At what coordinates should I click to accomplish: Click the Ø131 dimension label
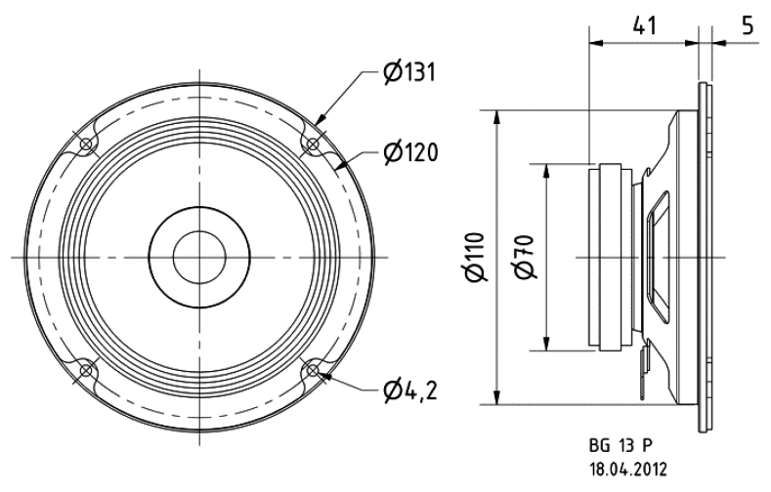[409, 72]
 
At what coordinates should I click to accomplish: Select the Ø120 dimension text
[410, 152]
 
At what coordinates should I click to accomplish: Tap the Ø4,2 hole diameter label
[410, 390]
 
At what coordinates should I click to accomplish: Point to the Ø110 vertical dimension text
[477, 258]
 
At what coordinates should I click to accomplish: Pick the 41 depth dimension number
[644, 25]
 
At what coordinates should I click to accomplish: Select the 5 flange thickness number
[748, 25]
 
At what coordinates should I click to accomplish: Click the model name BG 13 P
[621, 446]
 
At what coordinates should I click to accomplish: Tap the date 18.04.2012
[628, 469]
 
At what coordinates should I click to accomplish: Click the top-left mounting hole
[87, 144]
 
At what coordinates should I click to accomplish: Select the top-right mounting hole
[313, 144]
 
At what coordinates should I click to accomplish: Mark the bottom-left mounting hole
[87, 370]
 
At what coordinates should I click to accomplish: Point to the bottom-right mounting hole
[313, 370]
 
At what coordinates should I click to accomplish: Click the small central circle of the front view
[199, 258]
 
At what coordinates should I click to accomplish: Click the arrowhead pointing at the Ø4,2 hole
[325, 376]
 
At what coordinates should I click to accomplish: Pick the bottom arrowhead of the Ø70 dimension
[546, 344]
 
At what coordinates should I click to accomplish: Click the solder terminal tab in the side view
[644, 372]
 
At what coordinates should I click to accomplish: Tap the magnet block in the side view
[610, 258]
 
